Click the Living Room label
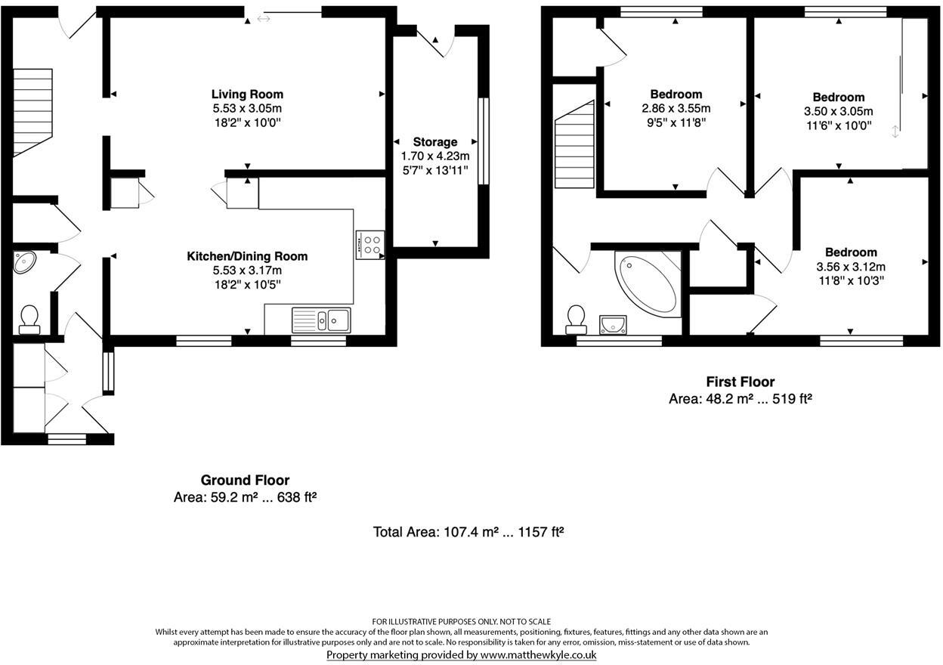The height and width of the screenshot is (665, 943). pos(247,94)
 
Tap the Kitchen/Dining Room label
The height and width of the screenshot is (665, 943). pos(247,257)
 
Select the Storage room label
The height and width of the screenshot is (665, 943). pos(435,142)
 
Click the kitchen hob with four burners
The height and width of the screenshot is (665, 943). pos(370,244)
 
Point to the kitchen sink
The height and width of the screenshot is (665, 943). pos(322,320)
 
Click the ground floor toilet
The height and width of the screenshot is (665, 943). pos(29,319)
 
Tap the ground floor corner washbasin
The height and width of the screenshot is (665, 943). pos(25,262)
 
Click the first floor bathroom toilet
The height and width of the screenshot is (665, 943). pos(577,318)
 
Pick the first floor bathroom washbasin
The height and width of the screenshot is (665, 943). pos(614,325)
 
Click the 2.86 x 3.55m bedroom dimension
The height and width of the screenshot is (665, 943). pos(676,108)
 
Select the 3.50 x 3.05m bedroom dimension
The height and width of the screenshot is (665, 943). pos(838,111)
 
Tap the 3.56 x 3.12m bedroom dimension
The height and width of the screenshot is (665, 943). pos(851,266)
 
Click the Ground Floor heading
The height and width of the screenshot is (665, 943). pos(245,481)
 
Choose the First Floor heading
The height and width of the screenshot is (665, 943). pos(740,382)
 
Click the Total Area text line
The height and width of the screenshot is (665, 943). pos(468,532)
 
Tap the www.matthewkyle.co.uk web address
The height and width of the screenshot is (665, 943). pos(538,655)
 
